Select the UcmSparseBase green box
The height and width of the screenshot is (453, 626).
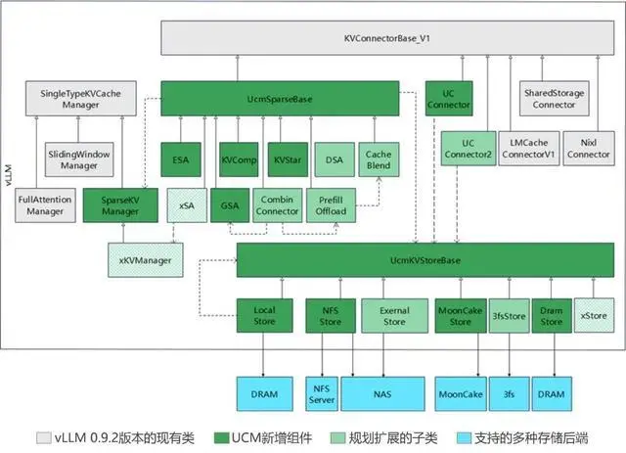(279, 98)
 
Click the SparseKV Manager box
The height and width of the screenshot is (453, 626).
(120, 204)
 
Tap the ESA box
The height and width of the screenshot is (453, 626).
(181, 159)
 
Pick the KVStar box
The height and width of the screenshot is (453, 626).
(286, 159)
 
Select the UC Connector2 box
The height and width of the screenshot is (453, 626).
(467, 149)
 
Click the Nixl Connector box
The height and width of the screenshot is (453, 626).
(588, 149)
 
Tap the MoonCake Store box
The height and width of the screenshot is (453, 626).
(459, 316)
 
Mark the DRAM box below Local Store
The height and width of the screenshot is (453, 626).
(264, 393)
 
